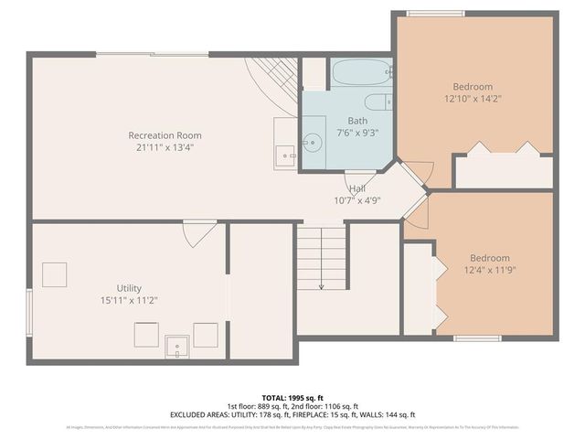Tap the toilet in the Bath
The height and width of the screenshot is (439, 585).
[377, 102]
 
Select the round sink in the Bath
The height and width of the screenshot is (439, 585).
[314, 143]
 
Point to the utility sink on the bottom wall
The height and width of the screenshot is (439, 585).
[176, 345]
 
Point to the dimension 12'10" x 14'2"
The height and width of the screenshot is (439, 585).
[473, 98]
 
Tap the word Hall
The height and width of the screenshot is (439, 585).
[357, 188]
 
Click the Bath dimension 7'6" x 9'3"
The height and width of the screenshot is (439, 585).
[356, 133]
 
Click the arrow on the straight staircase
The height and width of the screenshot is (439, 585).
[322, 285]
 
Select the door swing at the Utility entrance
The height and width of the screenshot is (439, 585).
[198, 234]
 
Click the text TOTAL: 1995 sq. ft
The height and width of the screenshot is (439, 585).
[292, 398]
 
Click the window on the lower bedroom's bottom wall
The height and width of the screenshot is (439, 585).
[478, 338]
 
